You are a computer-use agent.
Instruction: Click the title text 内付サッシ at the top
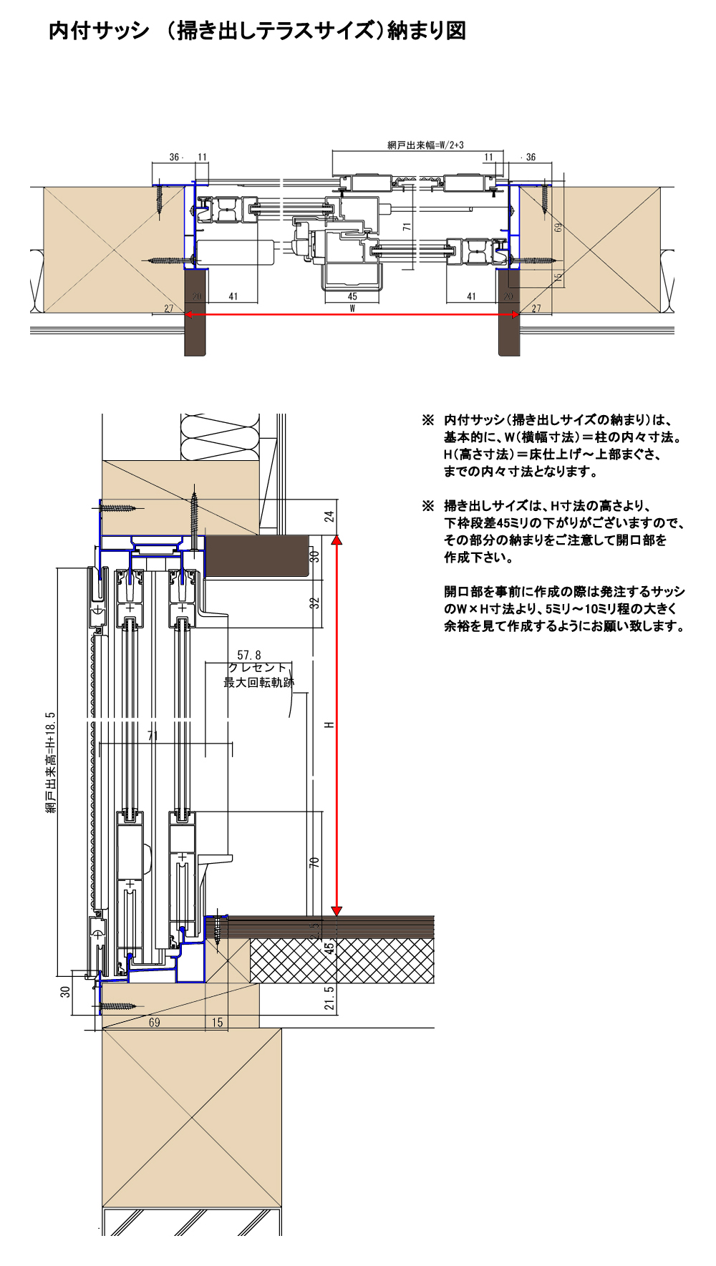click(x=99, y=31)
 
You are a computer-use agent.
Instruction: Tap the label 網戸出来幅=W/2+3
click(x=425, y=145)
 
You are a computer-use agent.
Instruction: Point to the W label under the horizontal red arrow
click(x=352, y=308)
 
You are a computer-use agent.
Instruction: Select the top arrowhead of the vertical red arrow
click(x=337, y=541)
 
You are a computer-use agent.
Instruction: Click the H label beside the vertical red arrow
click(x=329, y=725)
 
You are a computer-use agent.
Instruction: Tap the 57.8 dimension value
click(x=249, y=655)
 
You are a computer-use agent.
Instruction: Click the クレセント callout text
click(x=257, y=668)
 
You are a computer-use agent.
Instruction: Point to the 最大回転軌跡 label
click(x=258, y=683)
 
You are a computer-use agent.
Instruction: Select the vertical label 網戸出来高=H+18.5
click(x=51, y=762)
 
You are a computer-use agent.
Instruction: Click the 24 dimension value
click(x=329, y=517)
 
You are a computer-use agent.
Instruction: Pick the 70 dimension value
click(x=314, y=862)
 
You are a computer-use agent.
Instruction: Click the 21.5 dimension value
click(x=329, y=998)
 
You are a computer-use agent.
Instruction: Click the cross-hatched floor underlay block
click(x=342, y=960)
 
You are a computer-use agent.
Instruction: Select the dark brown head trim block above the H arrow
click(x=257, y=556)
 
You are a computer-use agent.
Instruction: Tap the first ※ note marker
click(x=428, y=420)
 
